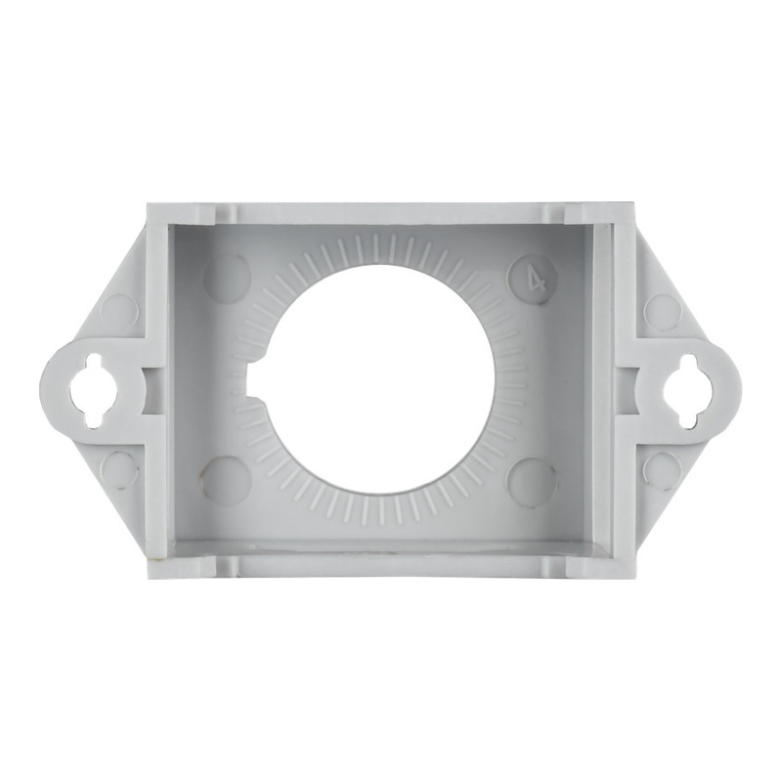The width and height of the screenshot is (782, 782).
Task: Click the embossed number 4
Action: point(536,282)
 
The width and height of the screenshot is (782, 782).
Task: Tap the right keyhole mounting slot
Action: point(689,391)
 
